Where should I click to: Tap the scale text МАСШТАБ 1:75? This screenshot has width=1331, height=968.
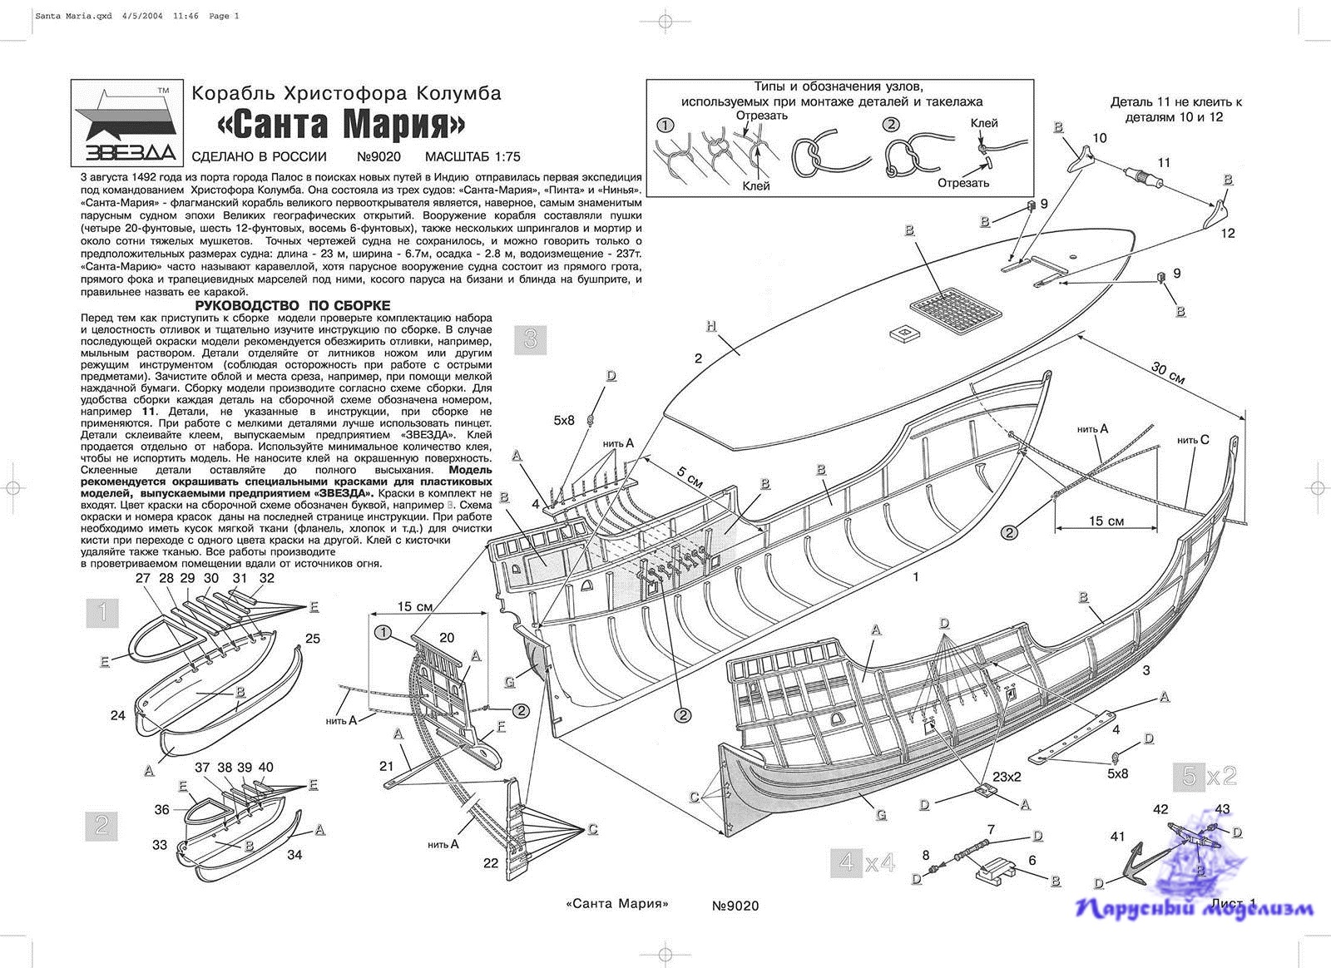tap(472, 156)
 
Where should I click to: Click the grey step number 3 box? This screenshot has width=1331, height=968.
tap(530, 339)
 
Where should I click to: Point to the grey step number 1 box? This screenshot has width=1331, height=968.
tap(102, 614)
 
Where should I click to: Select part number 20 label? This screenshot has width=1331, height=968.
tap(447, 638)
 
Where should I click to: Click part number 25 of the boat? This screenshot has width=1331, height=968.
tap(313, 639)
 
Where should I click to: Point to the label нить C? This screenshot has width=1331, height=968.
tap(1193, 439)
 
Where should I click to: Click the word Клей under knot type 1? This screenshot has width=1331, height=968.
tap(755, 186)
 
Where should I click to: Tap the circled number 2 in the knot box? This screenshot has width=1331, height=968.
tap(891, 125)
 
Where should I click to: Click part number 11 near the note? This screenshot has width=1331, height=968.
tap(1164, 163)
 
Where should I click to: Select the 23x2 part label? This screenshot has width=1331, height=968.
tap(1007, 777)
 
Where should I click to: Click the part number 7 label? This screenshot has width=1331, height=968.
tap(991, 829)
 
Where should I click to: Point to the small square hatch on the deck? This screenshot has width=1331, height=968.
tap(902, 333)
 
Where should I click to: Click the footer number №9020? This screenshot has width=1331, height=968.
tap(735, 906)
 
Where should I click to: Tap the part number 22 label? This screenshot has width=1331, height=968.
tap(491, 863)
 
